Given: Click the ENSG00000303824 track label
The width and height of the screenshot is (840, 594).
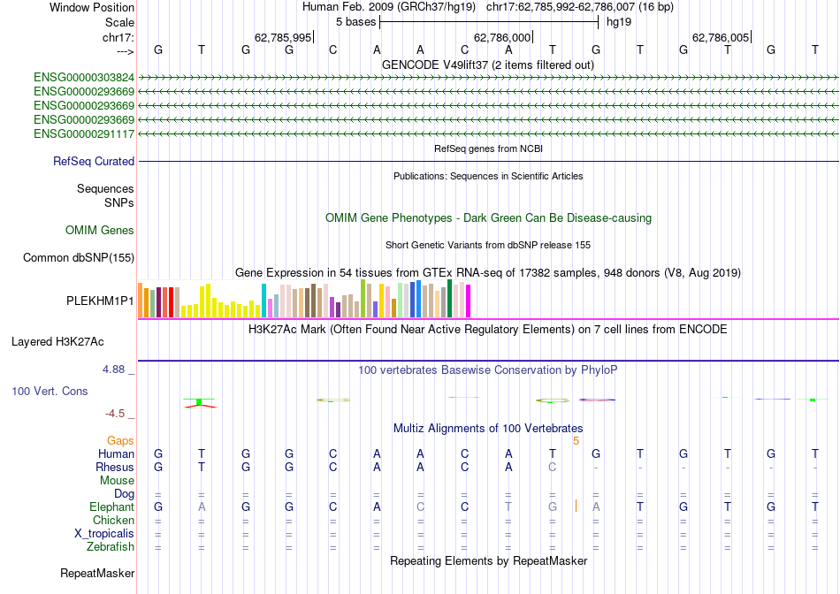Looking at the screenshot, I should click(84, 77).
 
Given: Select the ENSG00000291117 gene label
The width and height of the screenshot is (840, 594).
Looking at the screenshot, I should click(84, 133).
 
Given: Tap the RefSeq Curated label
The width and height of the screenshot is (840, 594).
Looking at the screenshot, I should click(94, 162).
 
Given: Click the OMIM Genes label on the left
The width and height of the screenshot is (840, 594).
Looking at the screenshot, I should click(100, 231).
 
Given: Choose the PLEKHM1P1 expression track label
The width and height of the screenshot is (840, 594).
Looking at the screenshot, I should click(100, 301).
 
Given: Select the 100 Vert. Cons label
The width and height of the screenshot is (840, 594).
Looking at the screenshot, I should click(50, 391).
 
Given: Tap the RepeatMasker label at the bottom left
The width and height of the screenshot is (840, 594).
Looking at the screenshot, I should click(97, 574).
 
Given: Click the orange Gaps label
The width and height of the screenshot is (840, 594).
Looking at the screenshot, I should click(120, 440).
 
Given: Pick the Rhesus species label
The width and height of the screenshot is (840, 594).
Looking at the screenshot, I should click(115, 467).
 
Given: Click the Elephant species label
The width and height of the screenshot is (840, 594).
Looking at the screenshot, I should click(111, 507).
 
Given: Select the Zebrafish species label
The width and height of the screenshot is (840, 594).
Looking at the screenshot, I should click(110, 547).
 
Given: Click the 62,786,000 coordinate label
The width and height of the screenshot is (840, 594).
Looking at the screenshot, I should click(502, 37).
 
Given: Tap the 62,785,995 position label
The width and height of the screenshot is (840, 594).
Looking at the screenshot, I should click(283, 37).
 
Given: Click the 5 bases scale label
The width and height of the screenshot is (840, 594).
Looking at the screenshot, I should click(355, 21).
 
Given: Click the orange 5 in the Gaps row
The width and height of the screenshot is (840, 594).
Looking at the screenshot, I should click(576, 440).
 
